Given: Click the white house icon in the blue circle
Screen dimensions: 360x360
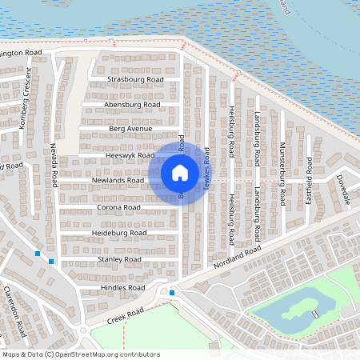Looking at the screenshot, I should (x=179, y=172).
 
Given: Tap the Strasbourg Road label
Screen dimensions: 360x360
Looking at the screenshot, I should (x=135, y=80).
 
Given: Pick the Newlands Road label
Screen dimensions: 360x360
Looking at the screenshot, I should (x=118, y=180).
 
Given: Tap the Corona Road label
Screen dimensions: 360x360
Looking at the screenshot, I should (x=118, y=207).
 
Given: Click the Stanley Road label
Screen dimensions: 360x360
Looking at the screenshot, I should (x=120, y=259).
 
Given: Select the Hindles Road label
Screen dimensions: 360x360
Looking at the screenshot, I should (x=122, y=286).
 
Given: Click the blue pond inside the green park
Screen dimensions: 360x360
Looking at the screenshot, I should (x=293, y=310).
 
